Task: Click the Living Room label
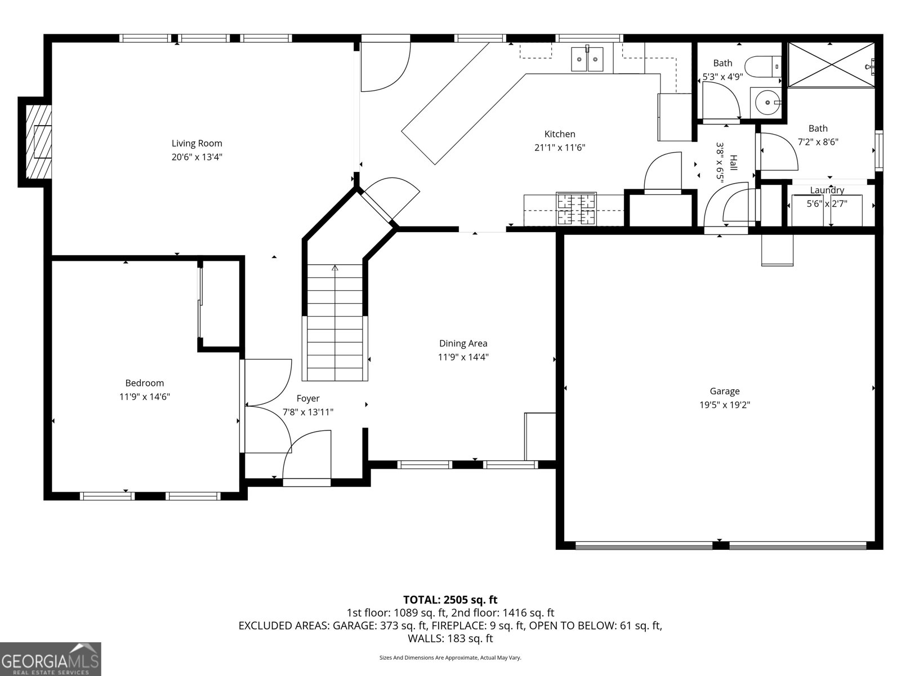coord(197,143)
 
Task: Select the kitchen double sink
coord(587,59)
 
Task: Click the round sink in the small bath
coord(766,103)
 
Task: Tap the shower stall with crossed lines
coord(831,65)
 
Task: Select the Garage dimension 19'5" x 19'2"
coord(724,404)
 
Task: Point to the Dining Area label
coord(463,343)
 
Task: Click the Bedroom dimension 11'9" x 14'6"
coord(144,397)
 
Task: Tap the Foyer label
coord(307,398)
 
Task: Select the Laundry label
coord(827,190)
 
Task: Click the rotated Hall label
coord(733,162)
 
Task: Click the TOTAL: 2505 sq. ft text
coord(450,599)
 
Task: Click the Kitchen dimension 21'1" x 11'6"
coord(560,148)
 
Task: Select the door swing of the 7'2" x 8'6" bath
coord(780,151)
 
